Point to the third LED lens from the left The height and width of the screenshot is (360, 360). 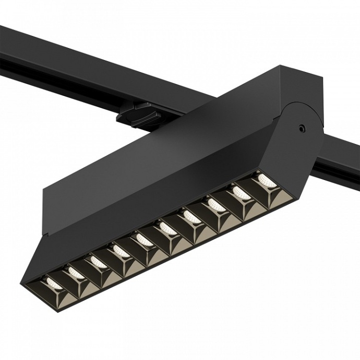pos(97,259)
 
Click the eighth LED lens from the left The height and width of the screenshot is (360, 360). pos(216,203)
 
